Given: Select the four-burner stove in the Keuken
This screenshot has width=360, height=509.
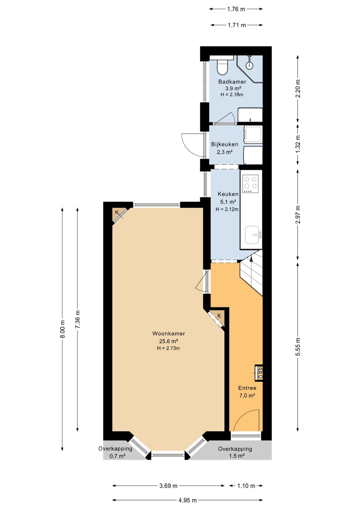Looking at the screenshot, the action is point(251,183).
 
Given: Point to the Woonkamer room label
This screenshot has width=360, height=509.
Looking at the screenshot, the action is point(169,334).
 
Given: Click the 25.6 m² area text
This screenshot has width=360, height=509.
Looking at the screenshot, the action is point(169,341).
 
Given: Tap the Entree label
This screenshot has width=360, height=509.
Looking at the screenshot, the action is point(247,388).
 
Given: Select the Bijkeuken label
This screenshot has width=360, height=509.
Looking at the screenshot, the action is point(224,144).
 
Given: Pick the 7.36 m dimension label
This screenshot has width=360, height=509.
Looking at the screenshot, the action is point(78,319).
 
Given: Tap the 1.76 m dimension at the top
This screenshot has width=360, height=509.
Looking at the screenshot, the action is point(236,9).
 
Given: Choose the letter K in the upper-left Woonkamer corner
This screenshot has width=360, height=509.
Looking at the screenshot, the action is point(117,212).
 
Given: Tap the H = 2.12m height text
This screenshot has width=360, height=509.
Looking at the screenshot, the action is point(227,209).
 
